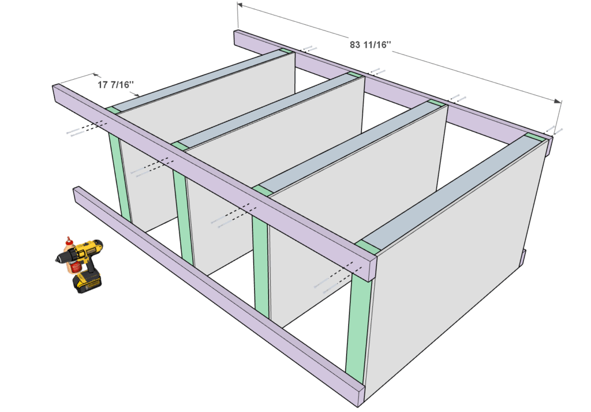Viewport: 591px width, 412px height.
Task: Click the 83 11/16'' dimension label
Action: coord(370,45)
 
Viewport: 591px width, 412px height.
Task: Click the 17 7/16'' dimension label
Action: coord(115,85)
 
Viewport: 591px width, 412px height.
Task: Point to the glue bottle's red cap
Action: coord(68,239)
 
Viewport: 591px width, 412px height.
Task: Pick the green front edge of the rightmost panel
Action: coord(357,324)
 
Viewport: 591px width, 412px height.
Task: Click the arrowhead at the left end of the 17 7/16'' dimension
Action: coord(96,75)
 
